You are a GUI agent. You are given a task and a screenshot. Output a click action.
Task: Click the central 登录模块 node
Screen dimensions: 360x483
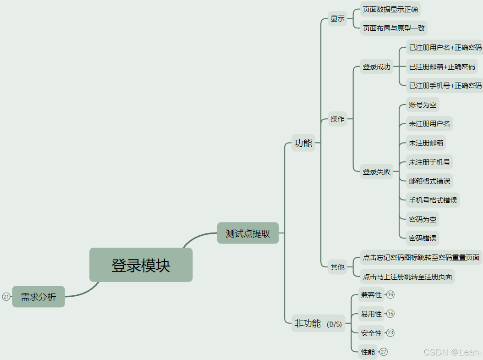tap(141, 265)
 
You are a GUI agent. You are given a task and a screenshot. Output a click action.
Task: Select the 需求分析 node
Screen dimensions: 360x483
tap(38, 297)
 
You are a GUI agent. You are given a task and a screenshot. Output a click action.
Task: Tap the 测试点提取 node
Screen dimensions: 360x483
tap(248, 233)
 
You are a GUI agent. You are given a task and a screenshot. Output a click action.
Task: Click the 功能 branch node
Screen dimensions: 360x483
tap(303, 143)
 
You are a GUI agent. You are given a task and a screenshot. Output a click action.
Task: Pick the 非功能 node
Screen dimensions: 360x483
tap(307, 323)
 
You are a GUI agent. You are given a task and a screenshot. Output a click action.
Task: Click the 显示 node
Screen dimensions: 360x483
tap(337, 19)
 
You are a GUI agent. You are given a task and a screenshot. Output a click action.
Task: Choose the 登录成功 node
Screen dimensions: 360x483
tap(377, 66)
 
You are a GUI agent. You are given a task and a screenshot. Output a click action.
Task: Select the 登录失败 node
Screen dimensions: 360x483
tap(377, 172)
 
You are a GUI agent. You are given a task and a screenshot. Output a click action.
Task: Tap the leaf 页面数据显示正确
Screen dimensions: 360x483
tap(390, 9)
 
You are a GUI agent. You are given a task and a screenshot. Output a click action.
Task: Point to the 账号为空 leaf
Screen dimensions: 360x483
tap(423, 105)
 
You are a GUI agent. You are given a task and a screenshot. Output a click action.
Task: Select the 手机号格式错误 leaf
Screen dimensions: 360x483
tap(433, 200)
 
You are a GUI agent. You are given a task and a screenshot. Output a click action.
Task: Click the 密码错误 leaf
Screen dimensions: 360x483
tap(423, 238)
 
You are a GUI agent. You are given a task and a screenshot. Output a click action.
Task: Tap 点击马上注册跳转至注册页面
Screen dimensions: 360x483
tap(407, 277)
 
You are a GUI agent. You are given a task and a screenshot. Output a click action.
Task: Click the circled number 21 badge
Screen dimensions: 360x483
tap(6, 297)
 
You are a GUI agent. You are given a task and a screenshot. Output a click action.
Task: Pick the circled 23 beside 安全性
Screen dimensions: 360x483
tap(390, 332)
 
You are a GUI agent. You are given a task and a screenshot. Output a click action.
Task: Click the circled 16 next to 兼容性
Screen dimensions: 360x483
tap(390, 294)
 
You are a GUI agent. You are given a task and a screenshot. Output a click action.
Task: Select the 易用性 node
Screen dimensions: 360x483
tap(371, 314)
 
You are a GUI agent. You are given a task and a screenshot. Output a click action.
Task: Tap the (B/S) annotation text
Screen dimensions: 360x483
tap(335, 324)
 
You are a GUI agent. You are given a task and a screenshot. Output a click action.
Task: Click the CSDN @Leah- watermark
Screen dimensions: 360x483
tap(452, 352)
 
